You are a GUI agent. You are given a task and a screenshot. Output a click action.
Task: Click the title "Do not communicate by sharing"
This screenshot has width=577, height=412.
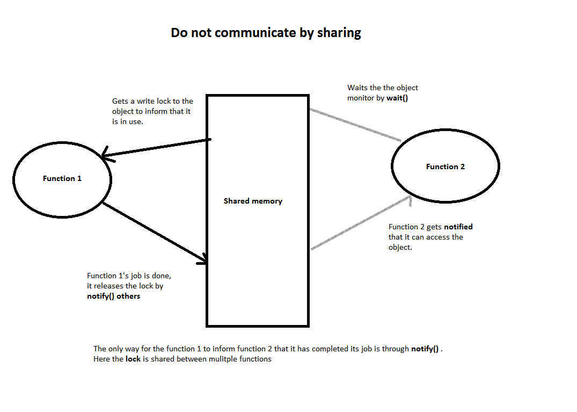click(x=266, y=33)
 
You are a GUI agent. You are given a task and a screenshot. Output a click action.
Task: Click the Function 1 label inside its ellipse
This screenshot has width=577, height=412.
click(x=62, y=178)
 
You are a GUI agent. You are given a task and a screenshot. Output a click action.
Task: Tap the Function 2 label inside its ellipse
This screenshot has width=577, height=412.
click(x=445, y=167)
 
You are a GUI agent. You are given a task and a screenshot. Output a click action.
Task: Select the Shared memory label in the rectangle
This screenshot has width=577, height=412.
click(x=253, y=201)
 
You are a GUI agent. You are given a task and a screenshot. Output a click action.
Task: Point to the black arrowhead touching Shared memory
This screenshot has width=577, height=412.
click(x=203, y=261)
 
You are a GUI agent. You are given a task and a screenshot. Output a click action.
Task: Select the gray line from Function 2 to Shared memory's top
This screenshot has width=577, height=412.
click(x=354, y=125)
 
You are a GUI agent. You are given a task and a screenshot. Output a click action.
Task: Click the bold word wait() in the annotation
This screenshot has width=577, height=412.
click(x=397, y=98)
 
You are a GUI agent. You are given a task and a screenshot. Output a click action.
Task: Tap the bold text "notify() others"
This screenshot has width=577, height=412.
click(x=113, y=296)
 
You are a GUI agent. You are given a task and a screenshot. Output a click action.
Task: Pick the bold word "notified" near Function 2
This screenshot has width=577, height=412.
click(x=458, y=227)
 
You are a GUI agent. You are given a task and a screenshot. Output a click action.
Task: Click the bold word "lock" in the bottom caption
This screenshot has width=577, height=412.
click(x=133, y=359)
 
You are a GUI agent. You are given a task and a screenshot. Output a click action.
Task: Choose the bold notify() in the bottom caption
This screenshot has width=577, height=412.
click(x=425, y=349)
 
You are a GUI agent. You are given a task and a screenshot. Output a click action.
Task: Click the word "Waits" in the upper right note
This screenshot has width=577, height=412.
click(x=357, y=88)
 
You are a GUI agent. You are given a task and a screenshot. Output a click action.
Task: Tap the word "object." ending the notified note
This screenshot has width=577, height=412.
click(x=400, y=247)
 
